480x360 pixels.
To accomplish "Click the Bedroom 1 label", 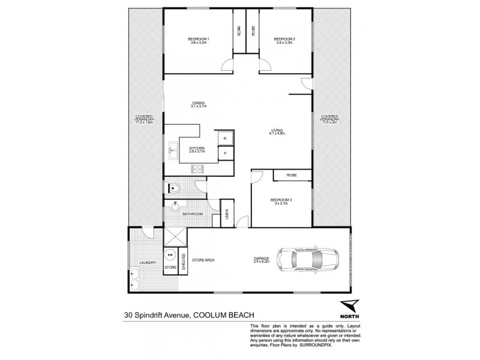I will click(x=199, y=40).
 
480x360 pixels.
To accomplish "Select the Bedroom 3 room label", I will click(x=279, y=201).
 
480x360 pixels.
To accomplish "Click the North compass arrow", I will click(x=347, y=307).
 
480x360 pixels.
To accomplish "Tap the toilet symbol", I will click(x=174, y=188).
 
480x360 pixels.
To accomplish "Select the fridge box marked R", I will click(x=225, y=138).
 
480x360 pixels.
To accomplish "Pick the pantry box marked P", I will click(x=225, y=154).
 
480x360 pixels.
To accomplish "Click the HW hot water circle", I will click(x=170, y=254).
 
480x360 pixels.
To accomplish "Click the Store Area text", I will click(x=203, y=260).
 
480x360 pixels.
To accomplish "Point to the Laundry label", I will click(x=147, y=263).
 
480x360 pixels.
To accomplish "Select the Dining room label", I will click(x=199, y=104).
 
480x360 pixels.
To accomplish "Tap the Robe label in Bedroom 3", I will click(x=291, y=175).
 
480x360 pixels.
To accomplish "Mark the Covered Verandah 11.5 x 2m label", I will click(x=330, y=119).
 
